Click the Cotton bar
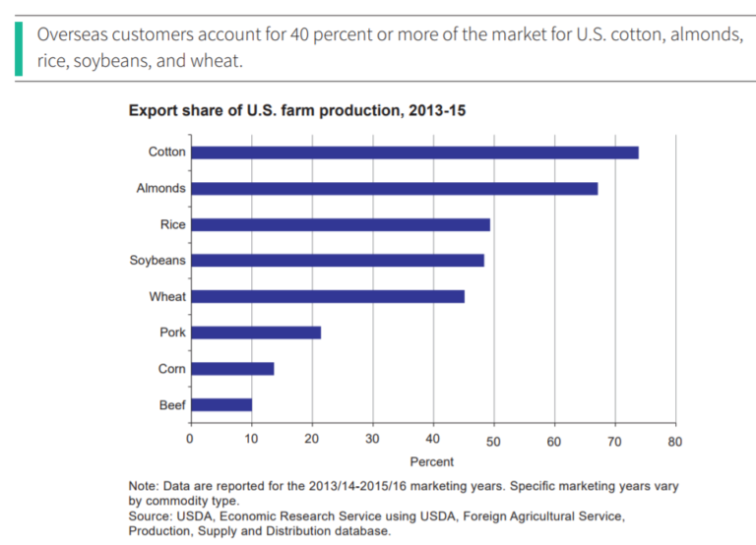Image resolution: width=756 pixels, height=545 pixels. (x=413, y=152)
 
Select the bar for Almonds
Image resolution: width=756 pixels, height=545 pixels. (x=394, y=188)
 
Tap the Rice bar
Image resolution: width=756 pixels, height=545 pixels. (x=340, y=224)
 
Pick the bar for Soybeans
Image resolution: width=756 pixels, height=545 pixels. (x=337, y=261)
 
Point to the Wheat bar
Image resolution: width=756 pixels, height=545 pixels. (x=327, y=296)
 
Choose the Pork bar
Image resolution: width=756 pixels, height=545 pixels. (x=255, y=333)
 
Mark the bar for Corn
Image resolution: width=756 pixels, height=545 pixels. (x=231, y=369)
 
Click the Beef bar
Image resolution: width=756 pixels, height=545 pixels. (x=220, y=404)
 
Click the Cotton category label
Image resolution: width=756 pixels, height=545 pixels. (x=166, y=152)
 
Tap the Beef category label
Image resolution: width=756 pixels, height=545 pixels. (x=171, y=404)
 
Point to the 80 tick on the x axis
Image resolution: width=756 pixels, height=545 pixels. (x=674, y=442)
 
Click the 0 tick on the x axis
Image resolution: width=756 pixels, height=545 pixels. (x=190, y=442)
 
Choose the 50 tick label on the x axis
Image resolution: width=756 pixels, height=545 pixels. (x=493, y=442)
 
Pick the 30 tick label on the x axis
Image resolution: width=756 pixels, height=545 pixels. (x=372, y=442)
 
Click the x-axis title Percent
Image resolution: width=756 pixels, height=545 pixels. (x=431, y=461)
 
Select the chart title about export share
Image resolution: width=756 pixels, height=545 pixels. (x=297, y=111)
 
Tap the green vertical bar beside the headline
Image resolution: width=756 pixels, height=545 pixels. (x=18, y=46)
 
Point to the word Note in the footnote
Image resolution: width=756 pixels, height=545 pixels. (x=144, y=486)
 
